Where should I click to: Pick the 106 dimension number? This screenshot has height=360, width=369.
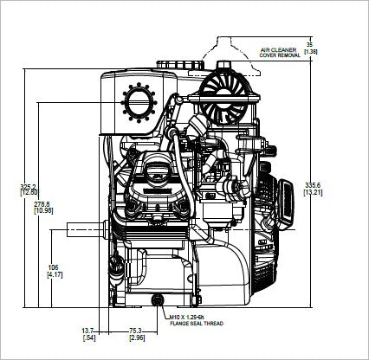click(54, 267)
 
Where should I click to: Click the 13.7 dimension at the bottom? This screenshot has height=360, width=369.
click(87, 330)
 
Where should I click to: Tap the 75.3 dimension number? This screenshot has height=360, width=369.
click(135, 330)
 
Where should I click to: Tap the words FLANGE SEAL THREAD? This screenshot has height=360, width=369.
click(197, 325)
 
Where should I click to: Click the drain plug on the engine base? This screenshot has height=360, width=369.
click(157, 299)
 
